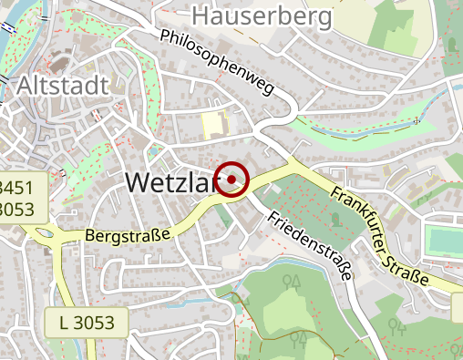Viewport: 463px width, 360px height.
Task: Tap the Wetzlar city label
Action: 170,181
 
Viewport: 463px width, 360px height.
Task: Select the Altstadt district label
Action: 62,87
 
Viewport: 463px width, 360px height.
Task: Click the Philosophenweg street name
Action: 217,63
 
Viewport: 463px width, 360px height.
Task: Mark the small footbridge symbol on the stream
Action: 416,119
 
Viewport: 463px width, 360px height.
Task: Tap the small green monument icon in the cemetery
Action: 333,218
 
